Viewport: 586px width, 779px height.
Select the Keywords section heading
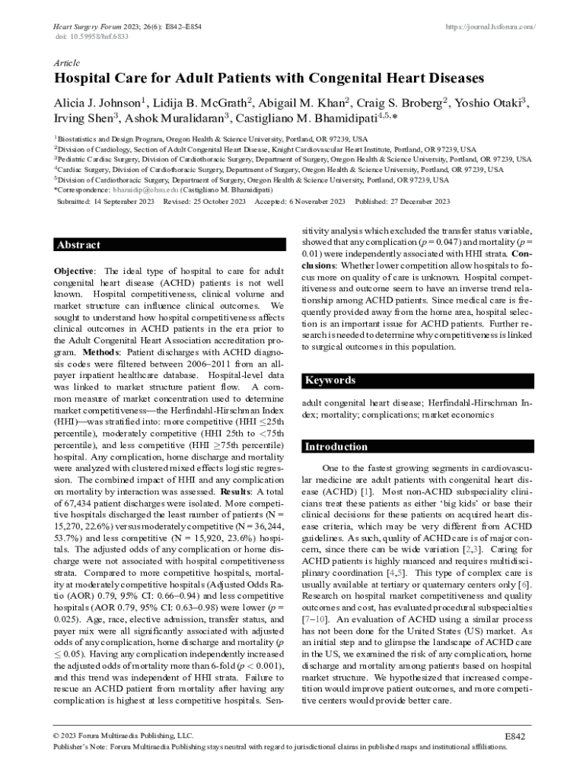point(330,380)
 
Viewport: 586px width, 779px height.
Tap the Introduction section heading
point(336,447)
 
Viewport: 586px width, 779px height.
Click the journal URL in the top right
point(490,27)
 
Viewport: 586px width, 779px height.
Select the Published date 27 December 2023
point(424,202)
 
